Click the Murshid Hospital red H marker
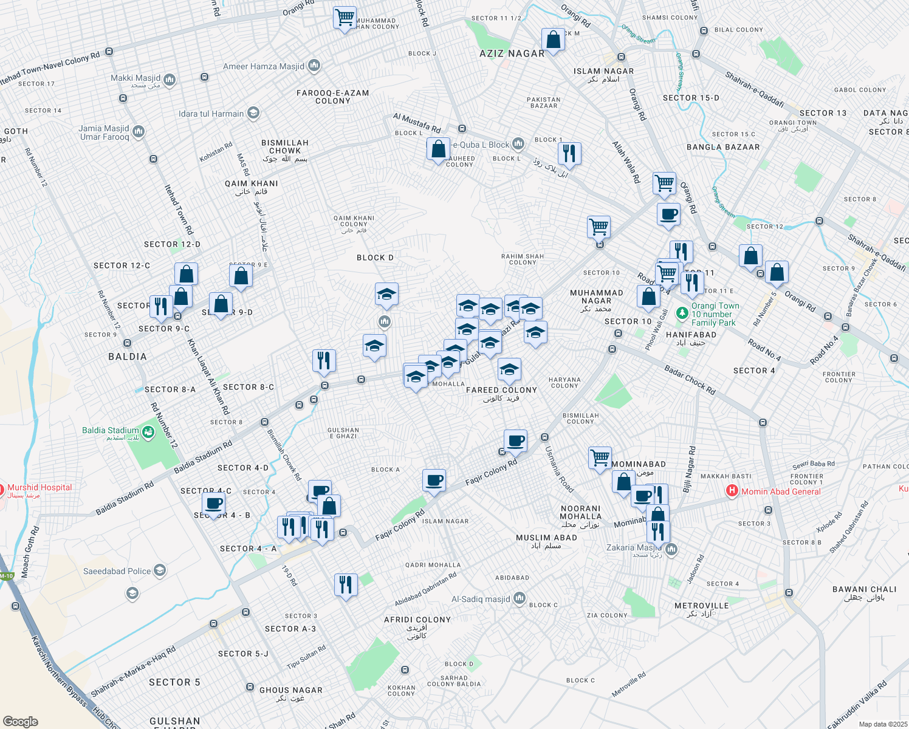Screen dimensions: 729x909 point(2,488)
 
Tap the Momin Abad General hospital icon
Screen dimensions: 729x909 point(732,491)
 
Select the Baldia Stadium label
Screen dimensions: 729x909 point(111,431)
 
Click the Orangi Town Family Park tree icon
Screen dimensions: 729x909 point(682,313)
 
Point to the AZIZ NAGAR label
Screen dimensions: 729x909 point(512,53)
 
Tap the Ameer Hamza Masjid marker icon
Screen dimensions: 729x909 point(314,66)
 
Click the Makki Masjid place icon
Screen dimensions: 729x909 point(170,79)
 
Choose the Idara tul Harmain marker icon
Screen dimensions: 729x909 point(253,113)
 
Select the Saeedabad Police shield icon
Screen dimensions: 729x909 point(160,570)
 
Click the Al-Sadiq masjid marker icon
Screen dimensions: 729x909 point(519,598)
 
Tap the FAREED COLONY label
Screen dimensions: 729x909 point(501,390)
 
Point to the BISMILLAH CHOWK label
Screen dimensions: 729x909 point(285,146)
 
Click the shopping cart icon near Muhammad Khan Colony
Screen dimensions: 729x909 point(345,18)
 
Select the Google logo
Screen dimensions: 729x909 point(21,721)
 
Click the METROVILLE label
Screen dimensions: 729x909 point(702,606)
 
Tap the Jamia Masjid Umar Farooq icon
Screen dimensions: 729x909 point(139,131)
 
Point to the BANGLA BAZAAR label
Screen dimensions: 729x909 point(723,147)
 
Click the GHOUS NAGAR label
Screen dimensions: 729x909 point(291,690)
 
